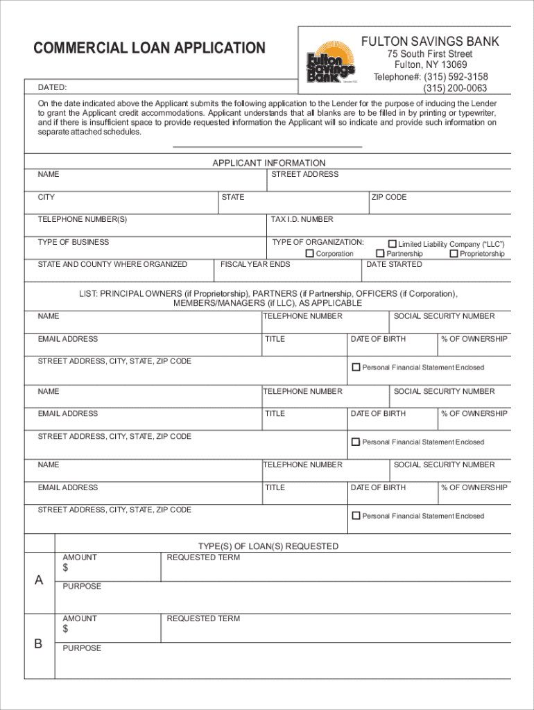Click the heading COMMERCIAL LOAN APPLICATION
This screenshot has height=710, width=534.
pyautogui.click(x=150, y=48)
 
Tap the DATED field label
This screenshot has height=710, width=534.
pyautogui.click(x=52, y=88)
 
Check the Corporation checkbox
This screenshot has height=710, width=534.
pyautogui.click(x=310, y=254)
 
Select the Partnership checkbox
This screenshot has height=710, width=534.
pyautogui.click(x=380, y=254)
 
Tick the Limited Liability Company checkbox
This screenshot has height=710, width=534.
pyautogui.click(x=393, y=244)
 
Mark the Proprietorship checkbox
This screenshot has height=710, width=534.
pyautogui.click(x=454, y=254)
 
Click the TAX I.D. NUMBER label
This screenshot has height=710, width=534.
pyautogui.click(x=302, y=219)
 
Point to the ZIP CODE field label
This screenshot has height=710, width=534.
pyautogui.click(x=389, y=197)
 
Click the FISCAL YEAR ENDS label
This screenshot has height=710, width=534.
pyautogui.click(x=255, y=264)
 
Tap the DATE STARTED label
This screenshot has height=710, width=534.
pyautogui.click(x=394, y=264)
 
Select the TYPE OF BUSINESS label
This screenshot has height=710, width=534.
pyautogui.click(x=74, y=242)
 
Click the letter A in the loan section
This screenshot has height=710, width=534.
pyautogui.click(x=39, y=580)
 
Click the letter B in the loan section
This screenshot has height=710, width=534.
pyautogui.click(x=39, y=643)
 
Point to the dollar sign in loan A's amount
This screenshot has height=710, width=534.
pyautogui.click(x=66, y=569)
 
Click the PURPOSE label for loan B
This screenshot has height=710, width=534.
pyautogui.click(x=82, y=648)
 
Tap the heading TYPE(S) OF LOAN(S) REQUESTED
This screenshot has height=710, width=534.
pyautogui.click(x=268, y=546)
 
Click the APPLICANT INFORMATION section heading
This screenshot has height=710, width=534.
pyautogui.click(x=268, y=163)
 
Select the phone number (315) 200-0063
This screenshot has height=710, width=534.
pyautogui.click(x=455, y=88)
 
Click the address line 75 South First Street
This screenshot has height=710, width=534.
pyautogui.click(x=430, y=54)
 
